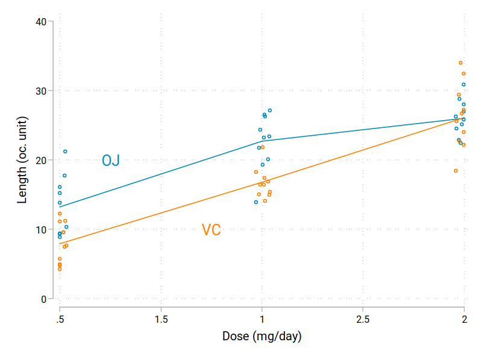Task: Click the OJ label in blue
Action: (x=110, y=160)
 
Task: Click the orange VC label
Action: (x=211, y=230)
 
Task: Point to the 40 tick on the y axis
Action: (x=41, y=22)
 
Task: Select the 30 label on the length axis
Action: (x=41, y=91)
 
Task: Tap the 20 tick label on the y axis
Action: (x=41, y=160)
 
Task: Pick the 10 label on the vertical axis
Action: (x=41, y=230)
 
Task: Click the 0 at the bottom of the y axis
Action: (x=44, y=299)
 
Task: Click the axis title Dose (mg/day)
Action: (x=261, y=336)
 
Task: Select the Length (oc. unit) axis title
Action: (x=22, y=160)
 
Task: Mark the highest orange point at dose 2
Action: (x=461, y=63)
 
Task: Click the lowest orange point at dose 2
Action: (x=456, y=171)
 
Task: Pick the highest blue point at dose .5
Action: (x=65, y=151)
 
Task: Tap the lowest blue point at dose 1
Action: (x=256, y=202)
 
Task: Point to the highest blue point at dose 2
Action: (x=464, y=84)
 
